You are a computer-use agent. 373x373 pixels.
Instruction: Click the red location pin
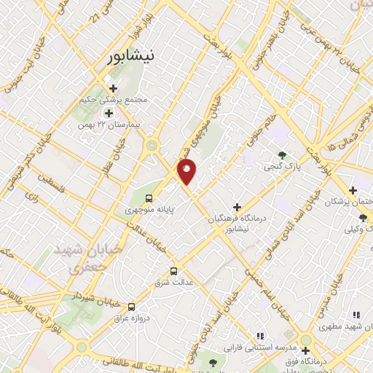(x=187, y=172)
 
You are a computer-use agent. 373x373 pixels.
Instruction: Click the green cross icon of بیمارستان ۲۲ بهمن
(x=109, y=113)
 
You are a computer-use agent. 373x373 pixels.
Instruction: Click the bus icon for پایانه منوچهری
(x=149, y=198)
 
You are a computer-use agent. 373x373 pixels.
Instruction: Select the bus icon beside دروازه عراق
(x=132, y=307)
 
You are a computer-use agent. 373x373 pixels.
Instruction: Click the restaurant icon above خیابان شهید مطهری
(x=356, y=315)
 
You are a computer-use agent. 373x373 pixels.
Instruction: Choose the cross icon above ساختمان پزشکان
(x=352, y=189)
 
